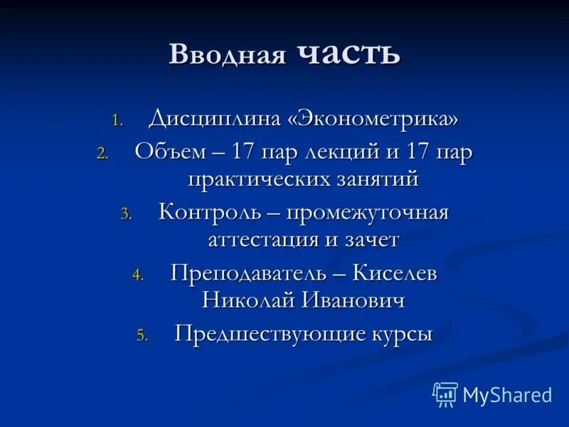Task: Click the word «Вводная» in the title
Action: coord(227,55)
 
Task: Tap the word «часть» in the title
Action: coord(349,53)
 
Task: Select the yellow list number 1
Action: coord(117,120)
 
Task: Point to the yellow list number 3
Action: coord(126,214)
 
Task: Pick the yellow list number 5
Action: coord(142,336)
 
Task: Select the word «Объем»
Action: coord(166,153)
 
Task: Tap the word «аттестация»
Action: coord(263,239)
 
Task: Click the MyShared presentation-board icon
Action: coord(445,394)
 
